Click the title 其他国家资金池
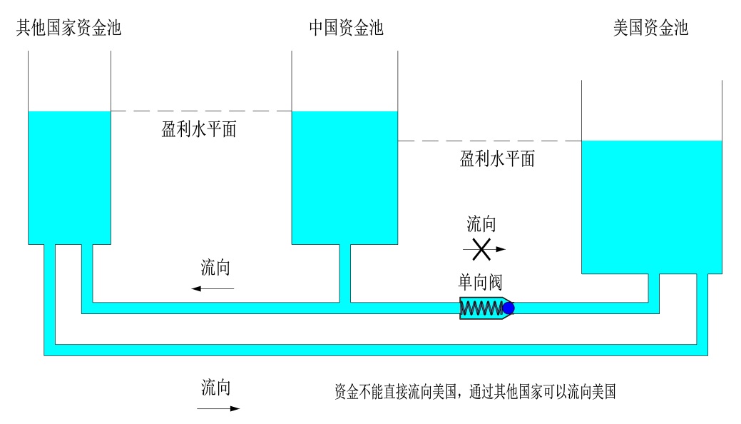68,28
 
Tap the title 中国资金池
346,28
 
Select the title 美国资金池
650,28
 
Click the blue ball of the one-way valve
509,308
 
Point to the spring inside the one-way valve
481,308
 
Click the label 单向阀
481,281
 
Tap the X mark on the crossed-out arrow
483,249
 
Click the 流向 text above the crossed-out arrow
481,225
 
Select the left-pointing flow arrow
212,288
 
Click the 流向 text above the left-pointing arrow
215,269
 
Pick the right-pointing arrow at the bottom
218,409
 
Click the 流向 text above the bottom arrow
215,388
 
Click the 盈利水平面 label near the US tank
497,158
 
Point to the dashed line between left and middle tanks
201,111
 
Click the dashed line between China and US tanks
489,141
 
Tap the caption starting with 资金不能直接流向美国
474,392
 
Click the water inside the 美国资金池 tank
652,207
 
